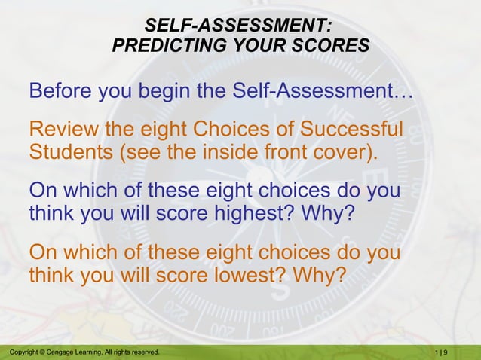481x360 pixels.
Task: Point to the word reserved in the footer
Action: [143, 352]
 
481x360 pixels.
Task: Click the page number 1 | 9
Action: [442, 352]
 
